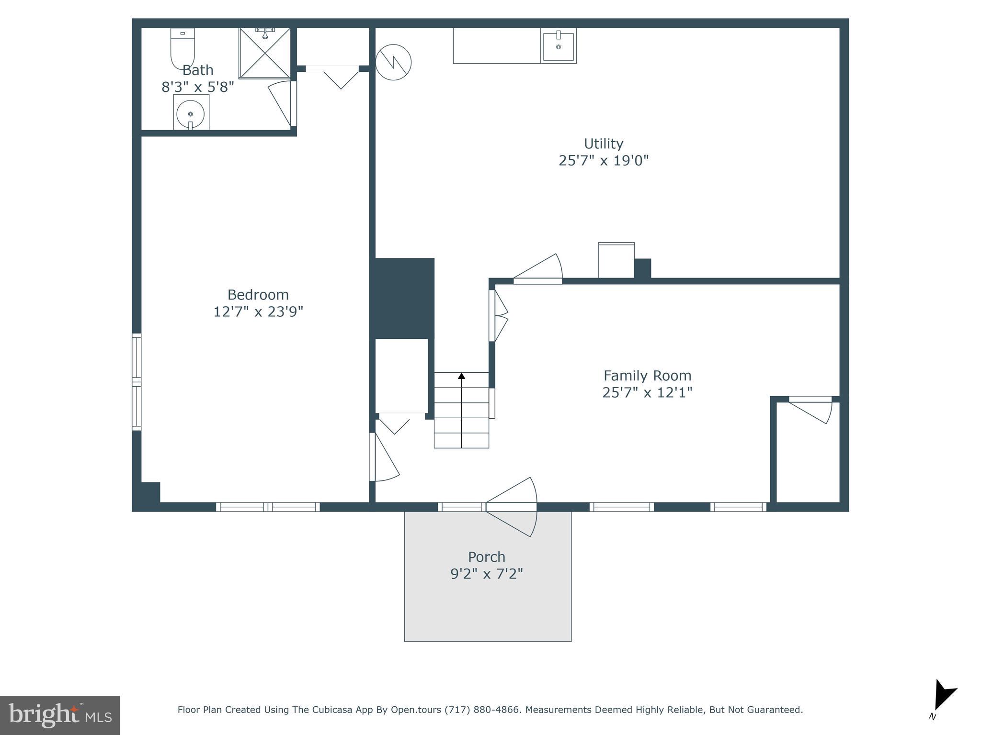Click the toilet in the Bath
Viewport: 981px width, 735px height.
pyautogui.click(x=183, y=48)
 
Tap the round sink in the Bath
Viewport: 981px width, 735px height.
pyautogui.click(x=191, y=114)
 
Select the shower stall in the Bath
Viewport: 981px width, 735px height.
pyautogui.click(x=265, y=53)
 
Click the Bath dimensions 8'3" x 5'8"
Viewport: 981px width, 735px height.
pyautogui.click(x=197, y=87)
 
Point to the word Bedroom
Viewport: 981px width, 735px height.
pyautogui.click(x=258, y=294)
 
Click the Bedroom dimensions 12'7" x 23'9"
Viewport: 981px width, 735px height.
pyautogui.click(x=258, y=312)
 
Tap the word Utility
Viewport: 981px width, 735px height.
pyautogui.click(x=603, y=144)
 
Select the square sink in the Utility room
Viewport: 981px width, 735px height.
pyautogui.click(x=559, y=46)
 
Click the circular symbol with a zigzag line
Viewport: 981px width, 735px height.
pyautogui.click(x=393, y=62)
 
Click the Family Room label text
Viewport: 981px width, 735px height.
pyautogui.click(x=647, y=376)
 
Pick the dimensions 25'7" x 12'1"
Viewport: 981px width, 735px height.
pyautogui.click(x=647, y=393)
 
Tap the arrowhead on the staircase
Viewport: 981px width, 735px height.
pyautogui.click(x=461, y=376)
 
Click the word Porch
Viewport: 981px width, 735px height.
pyautogui.click(x=487, y=557)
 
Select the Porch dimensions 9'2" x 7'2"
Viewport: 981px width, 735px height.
pyautogui.click(x=487, y=574)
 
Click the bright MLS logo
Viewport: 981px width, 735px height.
pyautogui.click(x=60, y=715)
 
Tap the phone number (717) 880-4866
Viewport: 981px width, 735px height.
pyautogui.click(x=482, y=710)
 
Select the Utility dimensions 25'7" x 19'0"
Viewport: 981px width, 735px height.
pyautogui.click(x=603, y=160)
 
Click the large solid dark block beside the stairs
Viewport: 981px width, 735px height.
pyautogui.click(x=402, y=298)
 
